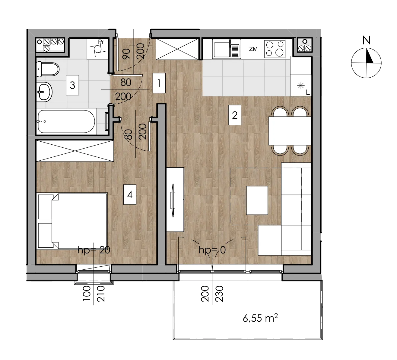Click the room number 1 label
(159, 83)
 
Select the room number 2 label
(234, 115)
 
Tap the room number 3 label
(72, 85)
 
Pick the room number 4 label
(130, 194)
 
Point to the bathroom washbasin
(44, 92)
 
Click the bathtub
(66, 121)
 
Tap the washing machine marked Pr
(97, 49)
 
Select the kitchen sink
(227, 49)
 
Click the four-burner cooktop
(275, 49)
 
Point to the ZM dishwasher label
(253, 49)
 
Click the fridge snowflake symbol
(301, 85)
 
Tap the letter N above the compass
(367, 40)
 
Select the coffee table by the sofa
(257, 201)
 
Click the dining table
(290, 131)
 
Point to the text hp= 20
(94, 250)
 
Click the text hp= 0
(212, 250)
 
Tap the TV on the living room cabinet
(173, 200)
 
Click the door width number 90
(126, 54)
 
